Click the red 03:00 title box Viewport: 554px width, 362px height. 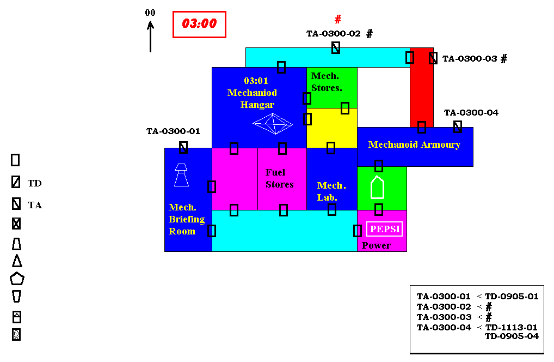[x=199, y=25]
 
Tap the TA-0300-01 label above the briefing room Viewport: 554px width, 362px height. [x=173, y=131]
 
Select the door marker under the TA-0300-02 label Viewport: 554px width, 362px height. [x=336, y=47]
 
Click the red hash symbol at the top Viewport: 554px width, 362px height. [x=338, y=19]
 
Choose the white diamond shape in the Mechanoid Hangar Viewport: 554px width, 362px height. [x=273, y=124]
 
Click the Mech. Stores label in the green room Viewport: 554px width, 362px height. [x=327, y=82]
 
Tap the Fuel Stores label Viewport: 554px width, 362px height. [x=280, y=178]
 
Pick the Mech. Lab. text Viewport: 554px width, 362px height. [x=331, y=191]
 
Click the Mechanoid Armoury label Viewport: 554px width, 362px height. [x=414, y=144]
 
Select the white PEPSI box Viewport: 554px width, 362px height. [x=385, y=229]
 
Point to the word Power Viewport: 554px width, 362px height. [x=376, y=245]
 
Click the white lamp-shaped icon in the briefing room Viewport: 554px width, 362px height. [x=181, y=175]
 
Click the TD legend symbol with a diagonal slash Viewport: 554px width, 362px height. [x=16, y=182]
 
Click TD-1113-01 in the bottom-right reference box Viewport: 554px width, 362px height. [x=511, y=327]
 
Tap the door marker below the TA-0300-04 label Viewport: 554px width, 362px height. [x=458, y=126]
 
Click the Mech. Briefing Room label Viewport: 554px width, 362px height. [x=186, y=219]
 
